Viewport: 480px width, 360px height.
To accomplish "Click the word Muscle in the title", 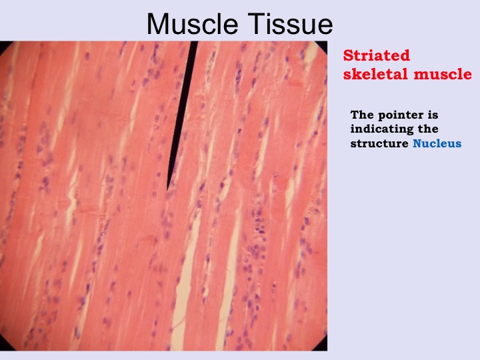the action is pos(192,24).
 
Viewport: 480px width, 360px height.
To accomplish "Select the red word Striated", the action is pos(376,55).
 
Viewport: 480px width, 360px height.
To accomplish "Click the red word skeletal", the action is pos(376,74).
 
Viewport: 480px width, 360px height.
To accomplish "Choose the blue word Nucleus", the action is pos(437,143).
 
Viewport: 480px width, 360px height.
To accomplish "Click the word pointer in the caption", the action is pos(401,116).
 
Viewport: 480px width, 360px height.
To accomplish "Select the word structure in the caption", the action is pos(379,143).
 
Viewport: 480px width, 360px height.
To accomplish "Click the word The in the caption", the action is pos(363,115).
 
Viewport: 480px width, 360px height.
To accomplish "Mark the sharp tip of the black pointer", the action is pos(167,190).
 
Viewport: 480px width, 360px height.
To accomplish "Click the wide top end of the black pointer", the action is pos(194,42).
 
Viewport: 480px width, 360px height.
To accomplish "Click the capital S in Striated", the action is pos(348,55).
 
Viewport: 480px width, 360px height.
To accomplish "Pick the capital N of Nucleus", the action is pos(417,143).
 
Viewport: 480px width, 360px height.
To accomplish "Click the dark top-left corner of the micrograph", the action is pos(4,45).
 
